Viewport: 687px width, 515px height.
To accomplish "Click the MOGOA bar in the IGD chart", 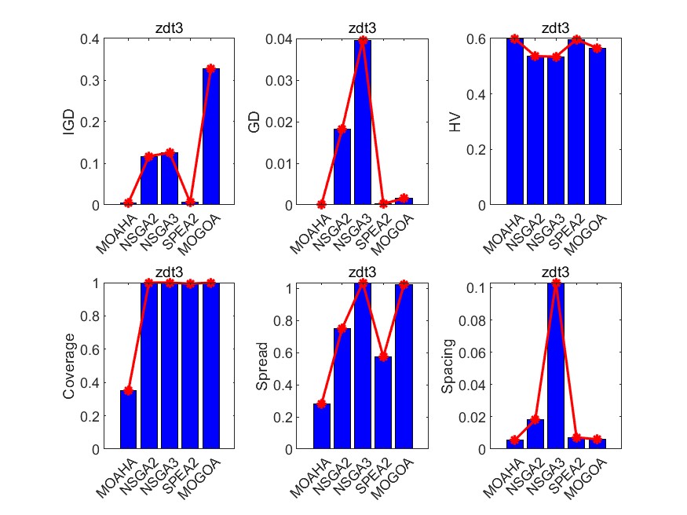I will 211,137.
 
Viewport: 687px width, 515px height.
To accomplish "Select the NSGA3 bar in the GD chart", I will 363,122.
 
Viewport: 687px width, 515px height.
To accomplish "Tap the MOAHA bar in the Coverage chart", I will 129,419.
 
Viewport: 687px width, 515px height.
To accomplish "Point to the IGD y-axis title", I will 68,122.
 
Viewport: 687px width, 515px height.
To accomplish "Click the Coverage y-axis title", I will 68,366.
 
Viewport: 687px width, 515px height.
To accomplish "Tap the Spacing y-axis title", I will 448,366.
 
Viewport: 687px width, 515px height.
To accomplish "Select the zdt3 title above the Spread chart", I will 363,273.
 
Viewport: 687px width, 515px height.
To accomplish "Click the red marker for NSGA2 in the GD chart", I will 342,129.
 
